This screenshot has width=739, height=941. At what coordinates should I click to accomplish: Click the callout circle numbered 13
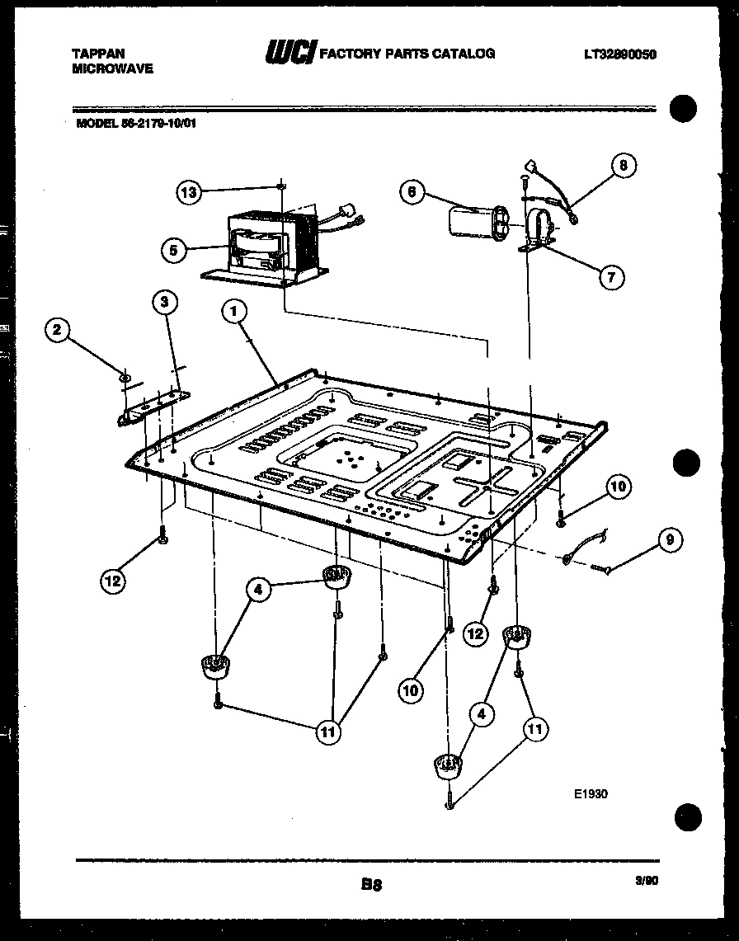click(x=189, y=192)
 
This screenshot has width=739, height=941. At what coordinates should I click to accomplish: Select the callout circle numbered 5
click(x=173, y=250)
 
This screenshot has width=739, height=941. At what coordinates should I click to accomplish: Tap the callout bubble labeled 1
click(x=234, y=311)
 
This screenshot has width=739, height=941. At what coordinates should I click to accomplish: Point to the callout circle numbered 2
click(x=56, y=331)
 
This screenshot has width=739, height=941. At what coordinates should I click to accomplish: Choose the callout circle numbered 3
click(x=165, y=303)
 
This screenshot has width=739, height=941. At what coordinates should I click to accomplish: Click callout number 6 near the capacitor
click(x=412, y=193)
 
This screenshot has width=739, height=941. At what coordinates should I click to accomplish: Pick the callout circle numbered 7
click(x=610, y=276)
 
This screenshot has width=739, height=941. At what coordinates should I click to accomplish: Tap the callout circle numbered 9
click(x=669, y=540)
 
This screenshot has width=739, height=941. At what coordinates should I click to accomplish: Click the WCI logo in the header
click(x=289, y=54)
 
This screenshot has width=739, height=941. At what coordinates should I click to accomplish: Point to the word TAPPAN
click(x=99, y=54)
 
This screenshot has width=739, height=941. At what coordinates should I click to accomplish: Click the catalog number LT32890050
click(x=619, y=54)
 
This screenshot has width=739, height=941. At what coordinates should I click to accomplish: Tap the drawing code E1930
click(x=591, y=795)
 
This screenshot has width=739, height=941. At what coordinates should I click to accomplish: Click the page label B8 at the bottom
click(x=370, y=886)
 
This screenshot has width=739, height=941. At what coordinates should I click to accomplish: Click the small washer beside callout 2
click(x=124, y=378)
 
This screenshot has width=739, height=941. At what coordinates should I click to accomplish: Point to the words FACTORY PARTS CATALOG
click(x=407, y=54)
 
